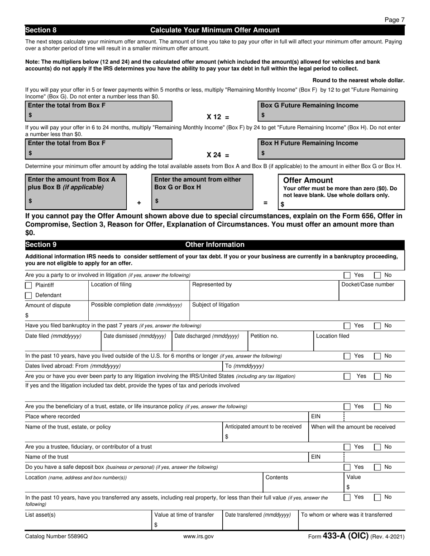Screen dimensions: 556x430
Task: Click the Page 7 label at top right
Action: [394, 20]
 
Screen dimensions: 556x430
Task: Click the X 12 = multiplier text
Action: [218, 117]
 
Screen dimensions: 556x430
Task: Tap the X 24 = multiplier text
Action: [218, 155]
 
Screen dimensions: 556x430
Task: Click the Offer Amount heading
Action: [308, 180]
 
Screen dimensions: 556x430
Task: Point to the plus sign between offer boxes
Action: [139, 203]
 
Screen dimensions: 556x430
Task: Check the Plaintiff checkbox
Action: [29, 285]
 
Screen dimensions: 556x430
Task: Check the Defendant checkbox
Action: [29, 296]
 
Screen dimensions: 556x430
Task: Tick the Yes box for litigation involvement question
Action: [347, 275]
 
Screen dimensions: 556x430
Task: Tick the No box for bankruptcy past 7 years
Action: [377, 325]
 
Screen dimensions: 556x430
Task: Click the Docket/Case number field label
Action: [368, 285]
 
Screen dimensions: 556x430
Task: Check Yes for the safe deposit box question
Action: [347, 467]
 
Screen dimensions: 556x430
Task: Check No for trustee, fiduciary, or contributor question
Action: [377, 447]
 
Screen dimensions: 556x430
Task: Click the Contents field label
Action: [277, 477]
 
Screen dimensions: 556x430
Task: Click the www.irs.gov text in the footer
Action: [198, 537]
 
